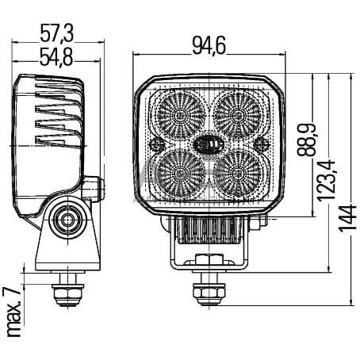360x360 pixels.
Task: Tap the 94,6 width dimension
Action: pos(209,46)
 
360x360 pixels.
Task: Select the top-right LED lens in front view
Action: pos(239,114)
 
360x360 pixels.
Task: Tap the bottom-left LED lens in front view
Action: pos(180,171)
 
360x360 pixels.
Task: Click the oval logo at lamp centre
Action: pos(209,144)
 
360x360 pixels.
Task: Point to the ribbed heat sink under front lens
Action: pos(209,232)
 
